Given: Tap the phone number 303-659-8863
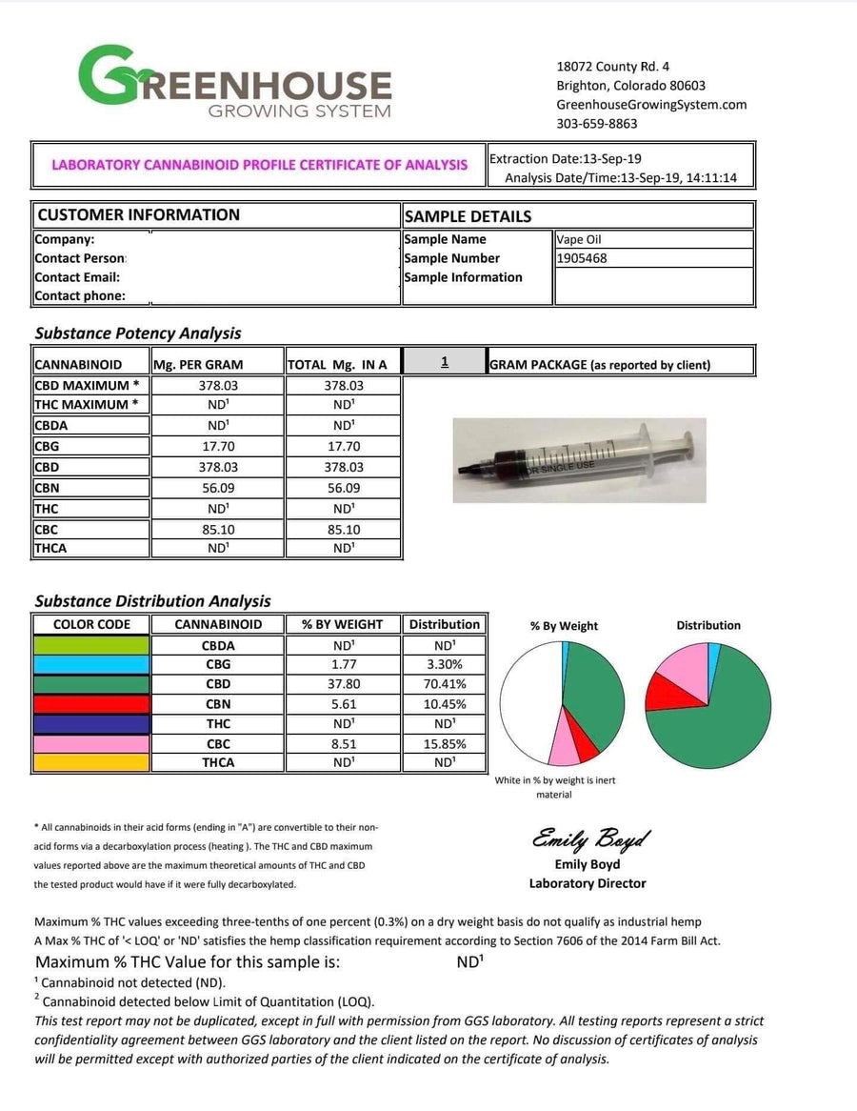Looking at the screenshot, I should pos(597,124).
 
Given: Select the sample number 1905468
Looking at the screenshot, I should pos(582,258).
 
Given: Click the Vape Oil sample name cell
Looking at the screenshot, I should pos(579,240).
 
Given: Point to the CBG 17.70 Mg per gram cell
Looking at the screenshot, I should pos(217,447).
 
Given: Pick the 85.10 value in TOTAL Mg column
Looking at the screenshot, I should pos(343,529).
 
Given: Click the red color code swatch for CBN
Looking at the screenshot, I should pos(91,704).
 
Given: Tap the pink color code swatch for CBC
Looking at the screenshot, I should pos(91,743).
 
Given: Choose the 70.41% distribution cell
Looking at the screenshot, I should pos(444,684).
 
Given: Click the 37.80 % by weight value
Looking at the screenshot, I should pos(343,684).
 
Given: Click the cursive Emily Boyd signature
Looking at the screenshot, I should pos(590,839).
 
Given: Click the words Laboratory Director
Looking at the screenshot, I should pos(588,883).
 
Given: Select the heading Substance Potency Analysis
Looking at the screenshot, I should pos(138,333).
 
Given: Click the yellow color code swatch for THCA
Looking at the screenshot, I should pos(91,762).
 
